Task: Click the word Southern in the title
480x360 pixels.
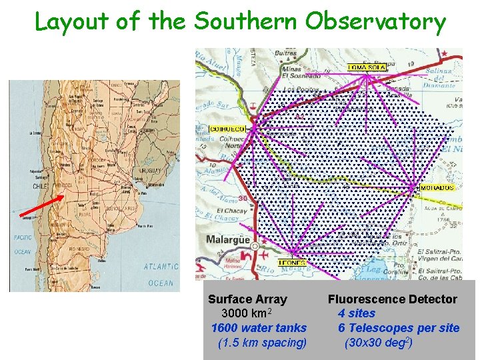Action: tap(245, 21)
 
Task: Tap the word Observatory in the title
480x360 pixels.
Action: tap(376, 23)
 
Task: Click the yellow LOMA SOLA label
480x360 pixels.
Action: tap(367, 67)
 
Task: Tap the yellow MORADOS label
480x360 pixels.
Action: tap(437, 188)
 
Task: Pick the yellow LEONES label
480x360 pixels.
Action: tap(292, 263)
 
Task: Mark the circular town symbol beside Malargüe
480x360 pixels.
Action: tap(253, 247)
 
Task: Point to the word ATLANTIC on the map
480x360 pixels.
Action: tap(161, 267)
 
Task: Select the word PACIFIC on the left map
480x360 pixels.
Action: tap(23, 237)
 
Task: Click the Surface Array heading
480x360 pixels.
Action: tap(247, 299)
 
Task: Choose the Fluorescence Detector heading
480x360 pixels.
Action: tap(392, 299)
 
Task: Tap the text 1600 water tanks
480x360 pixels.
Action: tap(259, 327)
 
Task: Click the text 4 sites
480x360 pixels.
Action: tap(356, 313)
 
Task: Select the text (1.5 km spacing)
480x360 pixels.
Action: tap(262, 343)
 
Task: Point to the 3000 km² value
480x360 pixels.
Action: tap(246, 313)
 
